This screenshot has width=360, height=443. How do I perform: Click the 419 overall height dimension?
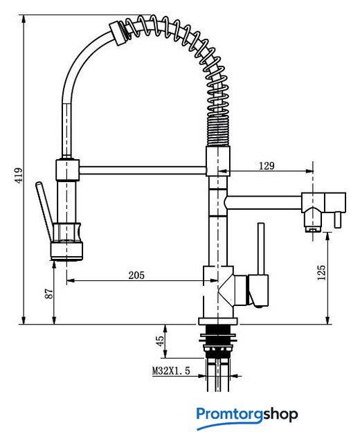point(19,175)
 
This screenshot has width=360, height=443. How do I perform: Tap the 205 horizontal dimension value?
point(136,275)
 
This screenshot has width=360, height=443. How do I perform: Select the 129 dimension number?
point(267,166)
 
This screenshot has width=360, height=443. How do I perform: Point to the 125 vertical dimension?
point(321,272)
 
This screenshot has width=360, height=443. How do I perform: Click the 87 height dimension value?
point(49,293)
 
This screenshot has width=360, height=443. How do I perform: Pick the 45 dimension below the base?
point(160,341)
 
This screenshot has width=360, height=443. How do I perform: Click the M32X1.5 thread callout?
point(171,370)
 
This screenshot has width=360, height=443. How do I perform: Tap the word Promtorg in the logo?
point(230,414)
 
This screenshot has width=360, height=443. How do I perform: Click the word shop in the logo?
point(280,414)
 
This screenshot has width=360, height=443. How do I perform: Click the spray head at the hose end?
point(67,241)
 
